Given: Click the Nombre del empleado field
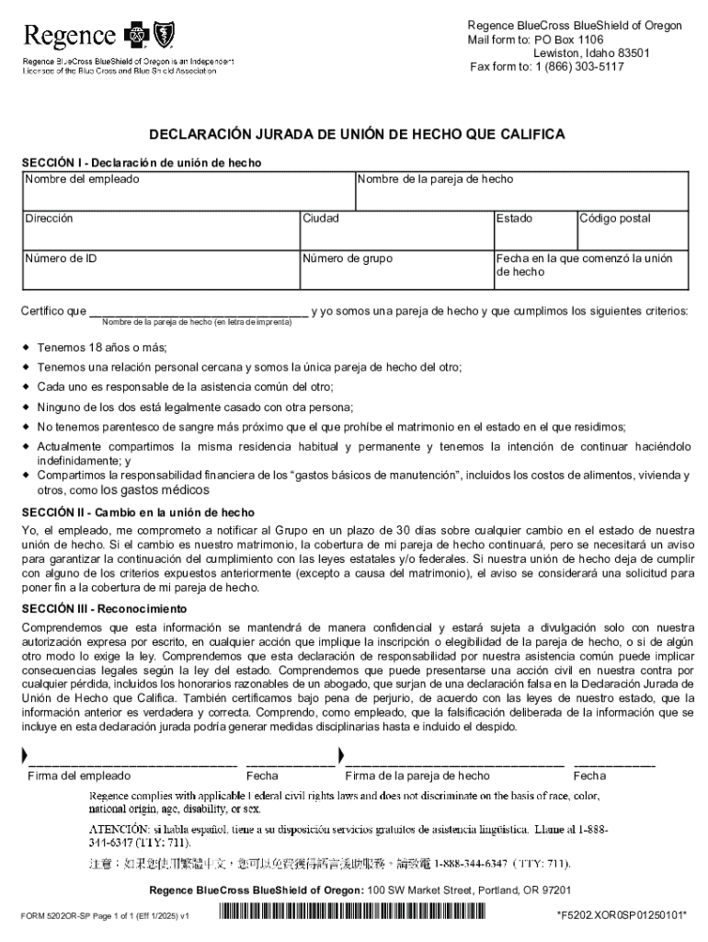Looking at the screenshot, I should click(x=188, y=195).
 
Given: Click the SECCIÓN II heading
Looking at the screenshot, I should click(x=139, y=512).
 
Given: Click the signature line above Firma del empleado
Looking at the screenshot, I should click(x=133, y=762).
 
